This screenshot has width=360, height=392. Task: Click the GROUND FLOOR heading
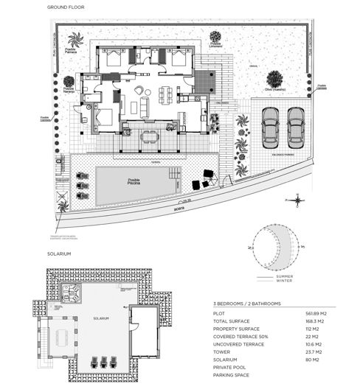point(65,7)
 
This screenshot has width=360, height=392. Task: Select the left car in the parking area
point(271,127)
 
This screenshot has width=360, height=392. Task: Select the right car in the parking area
point(296,127)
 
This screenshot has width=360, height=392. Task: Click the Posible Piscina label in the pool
point(134,182)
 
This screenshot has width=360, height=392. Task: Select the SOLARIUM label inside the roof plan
point(101,318)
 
